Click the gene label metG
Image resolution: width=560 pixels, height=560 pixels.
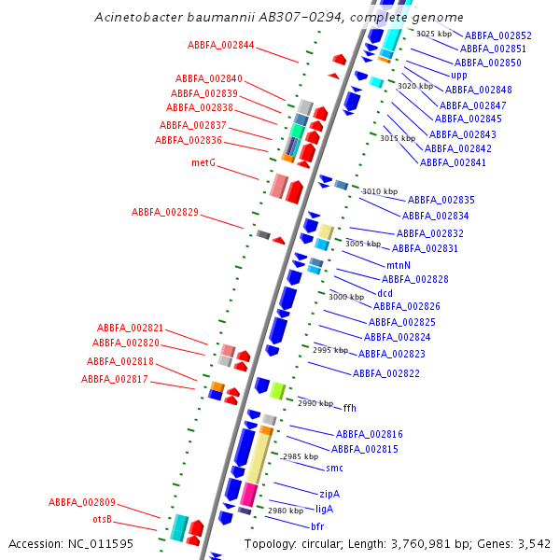[203, 162]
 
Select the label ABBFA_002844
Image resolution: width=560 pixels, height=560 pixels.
[220, 45]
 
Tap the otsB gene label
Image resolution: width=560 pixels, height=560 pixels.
[102, 519]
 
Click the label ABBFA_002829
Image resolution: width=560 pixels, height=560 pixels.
[165, 213]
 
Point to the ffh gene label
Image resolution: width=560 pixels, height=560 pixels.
[350, 408]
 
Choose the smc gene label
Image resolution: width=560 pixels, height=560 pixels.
[334, 468]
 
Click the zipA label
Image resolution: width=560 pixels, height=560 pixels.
[329, 494]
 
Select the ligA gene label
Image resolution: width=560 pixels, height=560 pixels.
[324, 510]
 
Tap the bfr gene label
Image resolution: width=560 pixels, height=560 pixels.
[317, 527]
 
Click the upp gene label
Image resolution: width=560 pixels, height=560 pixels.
[459, 76]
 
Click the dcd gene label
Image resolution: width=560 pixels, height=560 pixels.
[385, 293]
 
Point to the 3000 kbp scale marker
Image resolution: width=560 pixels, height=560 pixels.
[345, 298]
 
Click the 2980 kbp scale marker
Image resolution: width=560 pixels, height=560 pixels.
[286, 511]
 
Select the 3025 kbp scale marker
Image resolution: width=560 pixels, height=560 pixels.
[434, 34]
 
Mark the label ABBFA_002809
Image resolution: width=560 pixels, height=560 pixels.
[82, 502]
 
